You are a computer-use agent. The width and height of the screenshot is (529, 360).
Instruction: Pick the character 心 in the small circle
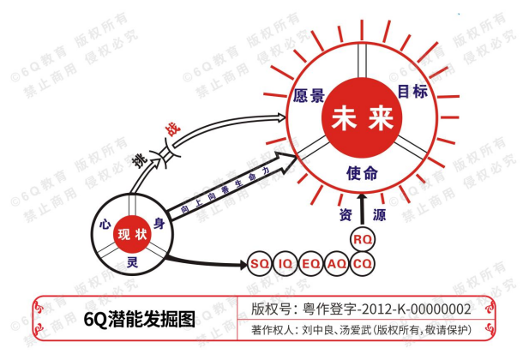[106, 225]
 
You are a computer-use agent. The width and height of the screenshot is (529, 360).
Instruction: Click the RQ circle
[363, 238]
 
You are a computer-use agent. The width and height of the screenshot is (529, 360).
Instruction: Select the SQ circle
[260, 263]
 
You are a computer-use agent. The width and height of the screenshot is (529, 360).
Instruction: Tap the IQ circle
[286, 263]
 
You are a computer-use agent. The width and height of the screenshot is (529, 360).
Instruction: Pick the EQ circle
[311, 263]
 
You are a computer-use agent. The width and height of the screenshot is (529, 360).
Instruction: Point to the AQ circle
[337, 263]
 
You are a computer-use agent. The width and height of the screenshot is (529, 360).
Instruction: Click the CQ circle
[363, 263]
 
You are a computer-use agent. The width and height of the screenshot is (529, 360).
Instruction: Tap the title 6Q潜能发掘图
[139, 320]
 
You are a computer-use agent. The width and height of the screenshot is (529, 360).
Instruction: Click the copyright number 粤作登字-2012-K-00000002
[382, 309]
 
